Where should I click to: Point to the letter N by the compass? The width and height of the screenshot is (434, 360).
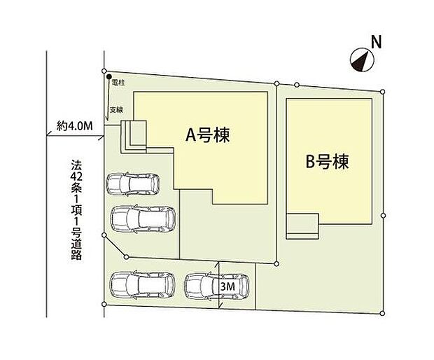pyautogui.click(x=375, y=42)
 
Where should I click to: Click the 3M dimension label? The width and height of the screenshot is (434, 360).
pyautogui.click(x=227, y=286)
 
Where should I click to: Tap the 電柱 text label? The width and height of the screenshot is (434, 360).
pyautogui.click(x=118, y=83)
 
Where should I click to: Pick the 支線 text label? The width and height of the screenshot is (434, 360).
pyautogui.click(x=116, y=111)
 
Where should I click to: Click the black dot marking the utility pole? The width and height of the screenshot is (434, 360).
pyautogui.click(x=110, y=80)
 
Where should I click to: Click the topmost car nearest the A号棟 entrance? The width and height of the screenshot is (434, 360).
pyautogui.click(x=133, y=185)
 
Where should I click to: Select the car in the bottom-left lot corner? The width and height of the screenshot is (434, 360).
pyautogui.click(x=139, y=285)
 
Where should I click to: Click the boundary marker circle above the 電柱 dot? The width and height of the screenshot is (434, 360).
pyautogui.click(x=104, y=71)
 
